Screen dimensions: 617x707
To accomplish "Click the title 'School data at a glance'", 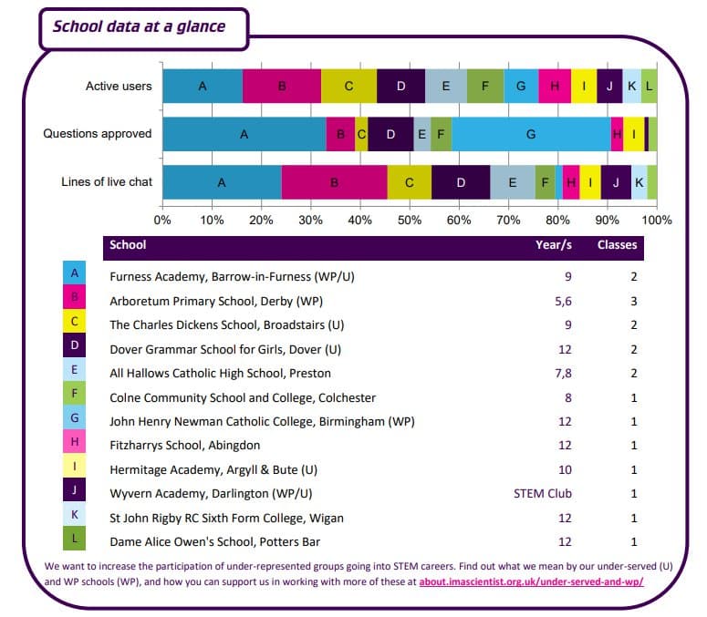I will coord(139,26).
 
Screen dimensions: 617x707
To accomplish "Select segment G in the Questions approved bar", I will coord(531,134).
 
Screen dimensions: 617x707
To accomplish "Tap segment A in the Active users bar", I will coord(203,86).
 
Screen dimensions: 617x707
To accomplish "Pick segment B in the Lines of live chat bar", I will coord(334,181).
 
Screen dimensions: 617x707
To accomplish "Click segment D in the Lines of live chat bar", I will coord(461,181).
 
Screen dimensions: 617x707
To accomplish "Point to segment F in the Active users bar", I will coord(485,86).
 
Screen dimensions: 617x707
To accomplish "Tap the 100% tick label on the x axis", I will coord(657,220).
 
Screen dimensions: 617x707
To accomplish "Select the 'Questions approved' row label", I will coord(98,134).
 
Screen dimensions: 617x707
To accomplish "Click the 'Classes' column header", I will coord(617,244).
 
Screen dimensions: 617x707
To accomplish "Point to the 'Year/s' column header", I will coord(554,244).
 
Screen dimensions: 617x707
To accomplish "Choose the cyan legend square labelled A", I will coord(74,272).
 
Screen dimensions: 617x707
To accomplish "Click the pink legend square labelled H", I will coord(74,445).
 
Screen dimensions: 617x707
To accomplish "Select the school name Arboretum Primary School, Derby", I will coord(216,301).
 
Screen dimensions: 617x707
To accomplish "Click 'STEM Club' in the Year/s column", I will coord(543,494).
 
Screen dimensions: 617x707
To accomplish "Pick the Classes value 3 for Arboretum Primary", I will coord(633,301).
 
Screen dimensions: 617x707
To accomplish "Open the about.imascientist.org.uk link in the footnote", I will coord(531,581).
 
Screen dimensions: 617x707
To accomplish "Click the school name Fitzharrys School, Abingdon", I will coord(185,446).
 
